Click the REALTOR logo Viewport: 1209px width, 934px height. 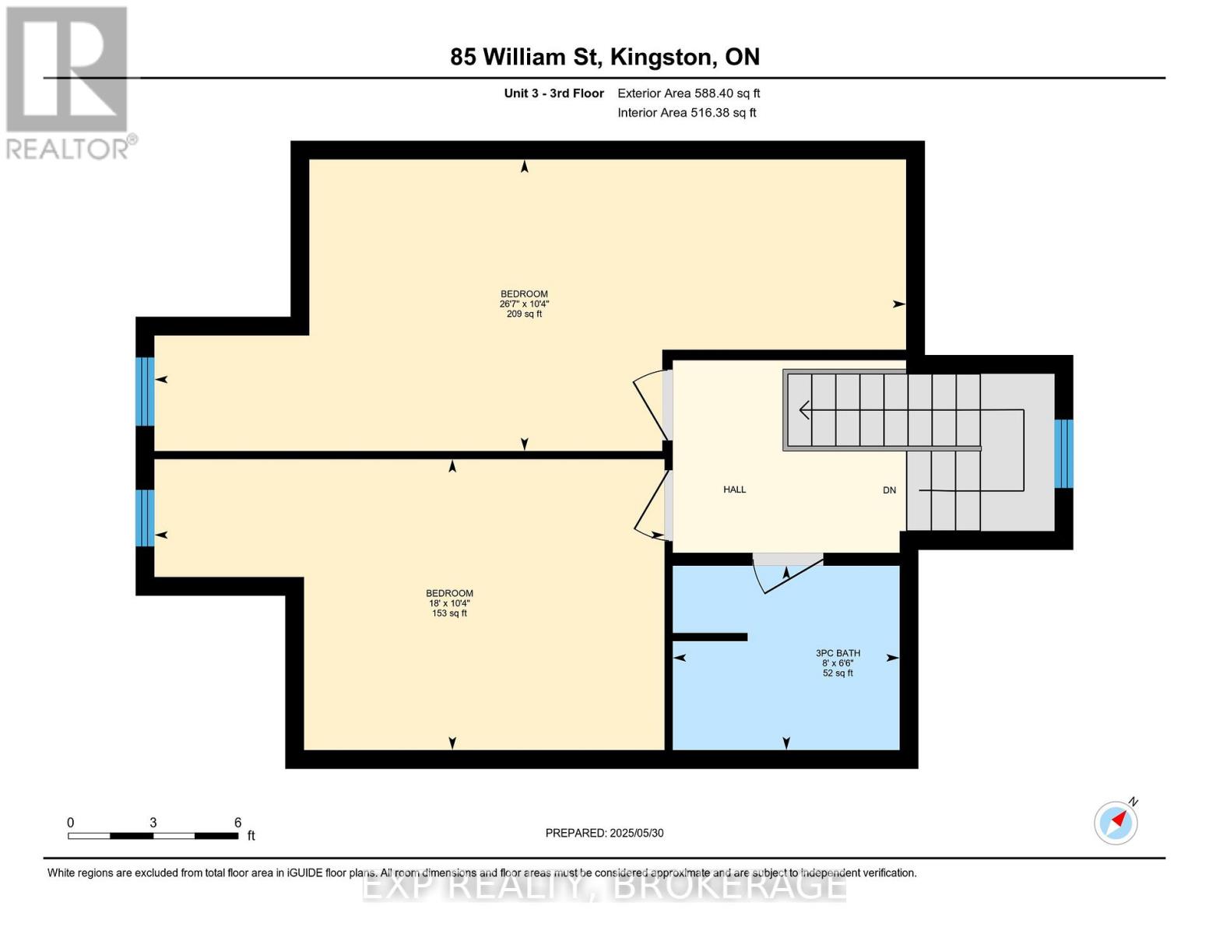(69, 82)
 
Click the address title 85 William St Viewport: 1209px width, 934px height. (604, 57)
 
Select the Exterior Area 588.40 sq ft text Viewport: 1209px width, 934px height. (688, 93)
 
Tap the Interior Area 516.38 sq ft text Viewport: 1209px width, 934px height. (687, 113)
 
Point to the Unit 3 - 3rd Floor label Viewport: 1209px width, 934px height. (554, 93)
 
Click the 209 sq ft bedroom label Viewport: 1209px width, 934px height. (524, 304)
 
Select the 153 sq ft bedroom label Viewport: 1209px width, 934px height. (449, 603)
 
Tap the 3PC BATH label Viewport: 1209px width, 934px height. (838, 663)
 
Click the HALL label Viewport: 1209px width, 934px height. (734, 490)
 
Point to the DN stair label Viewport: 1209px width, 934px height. (889, 490)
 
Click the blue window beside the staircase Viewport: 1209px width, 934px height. (1063, 454)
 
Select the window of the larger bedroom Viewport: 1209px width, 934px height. (145, 392)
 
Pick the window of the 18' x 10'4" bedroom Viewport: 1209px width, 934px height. (145, 518)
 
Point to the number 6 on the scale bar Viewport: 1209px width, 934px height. (237, 823)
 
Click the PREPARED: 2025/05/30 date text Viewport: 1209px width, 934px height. (604, 833)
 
